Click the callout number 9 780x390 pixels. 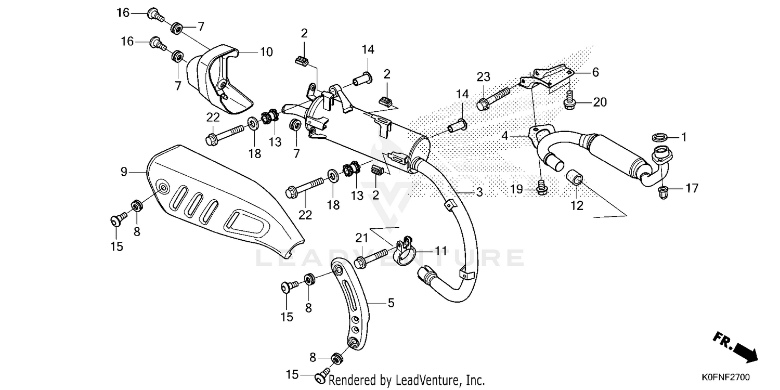[x=124, y=171]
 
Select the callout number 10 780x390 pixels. [x=266, y=52]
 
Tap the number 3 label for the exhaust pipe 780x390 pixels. [x=479, y=192]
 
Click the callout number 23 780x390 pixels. [x=484, y=77]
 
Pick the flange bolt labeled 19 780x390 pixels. [x=541, y=188]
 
